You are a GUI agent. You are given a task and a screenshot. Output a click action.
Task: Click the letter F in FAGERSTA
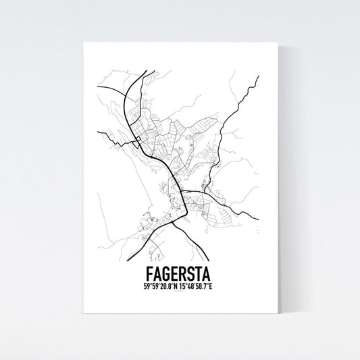click(x=149, y=274)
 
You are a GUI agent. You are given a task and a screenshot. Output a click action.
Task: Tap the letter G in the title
click(x=169, y=274)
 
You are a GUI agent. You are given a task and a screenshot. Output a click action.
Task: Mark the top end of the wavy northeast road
click(x=258, y=78)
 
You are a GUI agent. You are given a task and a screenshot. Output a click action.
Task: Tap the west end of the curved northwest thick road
click(x=99, y=88)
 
